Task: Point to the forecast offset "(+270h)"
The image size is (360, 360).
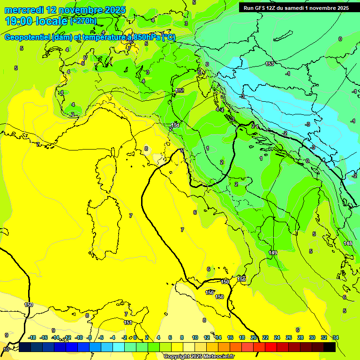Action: pos(83,21)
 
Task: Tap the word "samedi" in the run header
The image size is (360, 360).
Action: pos(296,8)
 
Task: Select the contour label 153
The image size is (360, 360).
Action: pos(269,64)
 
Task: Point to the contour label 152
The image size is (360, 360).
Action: pos(180,90)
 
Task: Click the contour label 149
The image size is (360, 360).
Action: pos(273,253)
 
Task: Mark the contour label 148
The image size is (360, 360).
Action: pos(348,243)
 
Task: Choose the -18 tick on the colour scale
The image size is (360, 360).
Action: pos(32,337)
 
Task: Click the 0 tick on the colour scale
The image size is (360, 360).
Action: pos(135,337)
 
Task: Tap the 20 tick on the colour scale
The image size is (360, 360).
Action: pos(254,337)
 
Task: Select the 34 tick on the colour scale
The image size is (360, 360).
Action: pos(336,337)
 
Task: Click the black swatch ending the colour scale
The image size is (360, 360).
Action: pos(329,347)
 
